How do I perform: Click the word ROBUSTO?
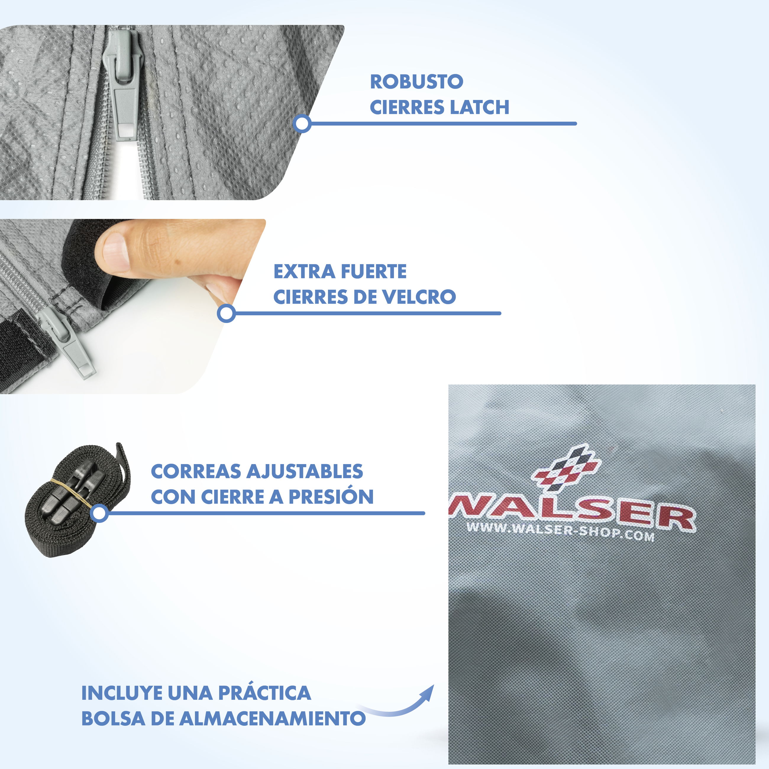click(x=417, y=82)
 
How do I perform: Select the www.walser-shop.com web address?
click(x=561, y=532)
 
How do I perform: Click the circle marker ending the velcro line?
click(x=227, y=313)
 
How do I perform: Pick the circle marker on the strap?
click(x=99, y=513)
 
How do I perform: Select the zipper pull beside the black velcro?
click(x=68, y=342)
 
